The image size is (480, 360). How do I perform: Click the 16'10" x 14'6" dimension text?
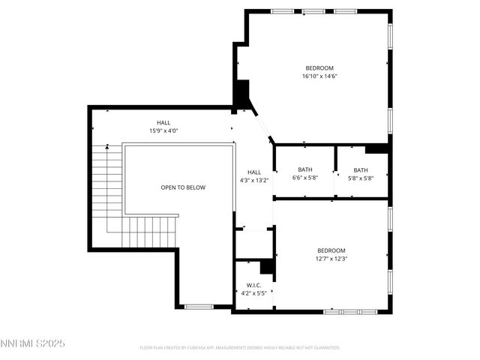(319, 76)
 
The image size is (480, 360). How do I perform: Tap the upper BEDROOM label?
(319, 67)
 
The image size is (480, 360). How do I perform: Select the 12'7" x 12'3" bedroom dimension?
(331, 259)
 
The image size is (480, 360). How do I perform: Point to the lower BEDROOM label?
(331, 250)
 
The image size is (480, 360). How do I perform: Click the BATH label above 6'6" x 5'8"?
(304, 169)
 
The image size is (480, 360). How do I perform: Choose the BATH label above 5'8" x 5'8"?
(361, 169)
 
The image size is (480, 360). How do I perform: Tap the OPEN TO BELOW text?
(182, 187)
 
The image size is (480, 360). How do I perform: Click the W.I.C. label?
(253, 285)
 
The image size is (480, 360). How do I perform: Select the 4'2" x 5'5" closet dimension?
(253, 293)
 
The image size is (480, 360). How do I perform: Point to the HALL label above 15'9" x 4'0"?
(163, 122)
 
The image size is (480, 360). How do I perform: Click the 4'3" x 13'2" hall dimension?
(254, 180)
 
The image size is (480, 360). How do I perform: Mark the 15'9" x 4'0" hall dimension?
(163, 130)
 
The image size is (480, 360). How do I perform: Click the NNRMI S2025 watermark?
(33, 343)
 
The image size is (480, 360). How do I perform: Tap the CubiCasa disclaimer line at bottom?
(240, 348)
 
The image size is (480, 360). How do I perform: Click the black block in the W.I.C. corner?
(266, 267)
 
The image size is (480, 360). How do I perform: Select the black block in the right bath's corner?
(377, 148)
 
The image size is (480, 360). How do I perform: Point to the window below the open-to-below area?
(199, 306)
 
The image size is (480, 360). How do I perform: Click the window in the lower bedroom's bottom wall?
(349, 310)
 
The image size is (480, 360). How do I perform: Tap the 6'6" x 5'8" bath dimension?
(304, 178)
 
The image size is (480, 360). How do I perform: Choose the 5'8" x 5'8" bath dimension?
(361, 178)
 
